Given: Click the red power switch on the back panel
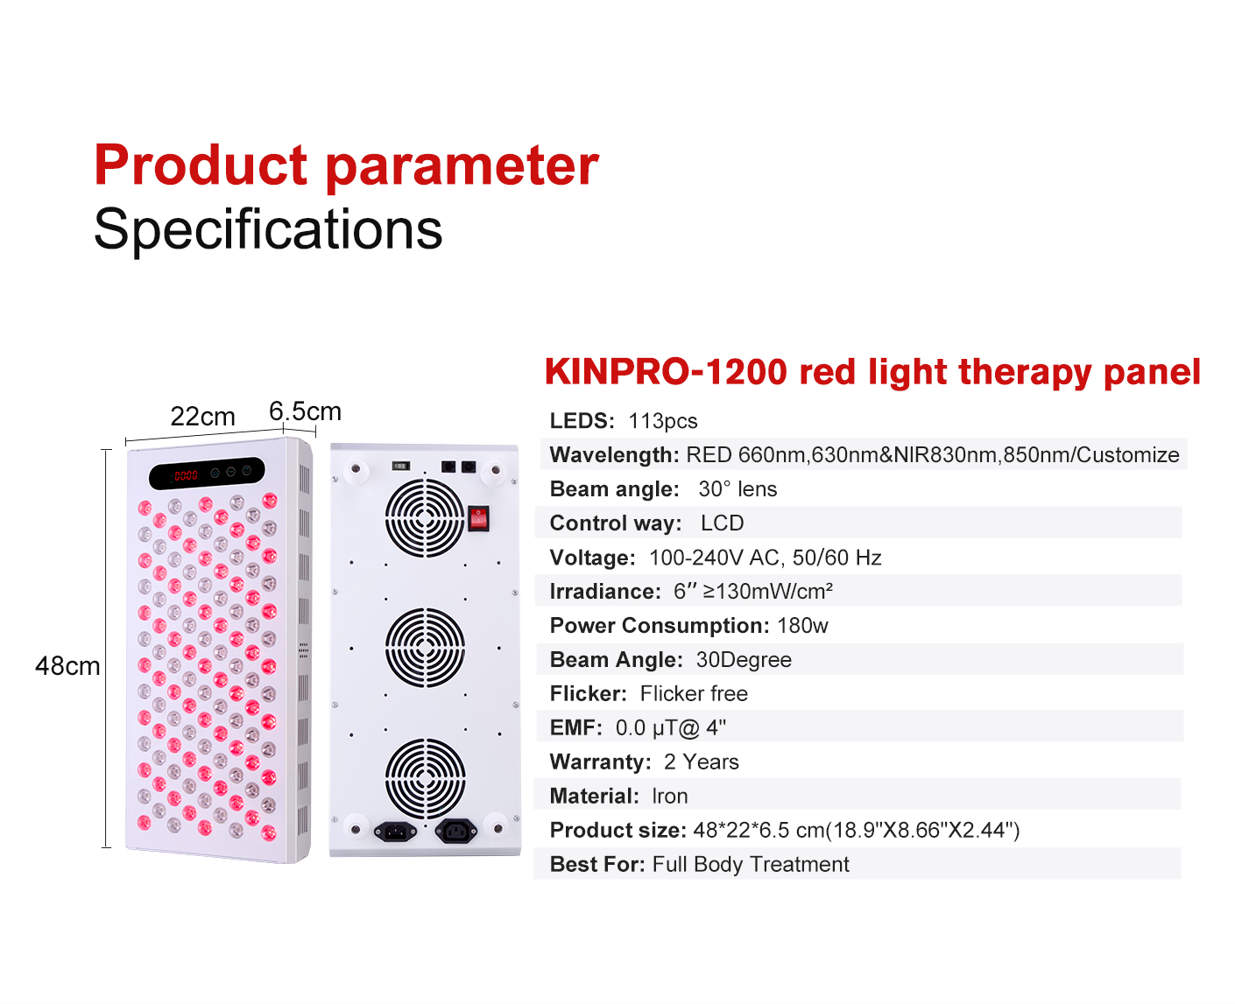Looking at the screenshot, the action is coord(477,518).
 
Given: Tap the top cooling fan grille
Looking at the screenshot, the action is coord(425,517).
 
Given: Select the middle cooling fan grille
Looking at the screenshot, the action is coord(425,647).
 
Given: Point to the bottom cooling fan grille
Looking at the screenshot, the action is coord(425,777).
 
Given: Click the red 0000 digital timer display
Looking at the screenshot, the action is coord(186,475).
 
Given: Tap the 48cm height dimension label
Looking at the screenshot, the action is coord(67,665).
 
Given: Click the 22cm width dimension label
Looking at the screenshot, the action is coord(202,416).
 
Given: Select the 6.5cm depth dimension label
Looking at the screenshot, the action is coord(305,411).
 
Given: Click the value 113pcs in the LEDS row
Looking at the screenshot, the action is coord(663,421).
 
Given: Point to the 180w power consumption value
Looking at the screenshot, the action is coord(802,625).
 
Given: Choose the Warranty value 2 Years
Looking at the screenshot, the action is coord(701,762).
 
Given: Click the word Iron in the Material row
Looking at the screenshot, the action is coord(670,796).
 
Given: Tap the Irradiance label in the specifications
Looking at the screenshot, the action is coord(605,591).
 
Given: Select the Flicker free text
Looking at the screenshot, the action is coord(694,693).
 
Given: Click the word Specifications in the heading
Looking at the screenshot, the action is coord(268,228).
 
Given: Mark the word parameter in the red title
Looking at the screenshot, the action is coord(462,167).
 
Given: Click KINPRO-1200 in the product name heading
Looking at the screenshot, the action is coord(666,371).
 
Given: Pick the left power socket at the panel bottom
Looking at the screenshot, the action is coord(395,832).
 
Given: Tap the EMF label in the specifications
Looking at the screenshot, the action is coord(575,727).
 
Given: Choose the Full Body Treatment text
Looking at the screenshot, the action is coord(751,864).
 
